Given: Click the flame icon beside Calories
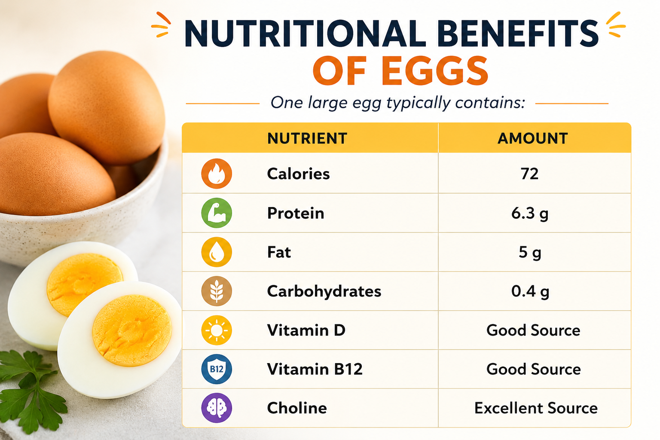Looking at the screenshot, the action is (217, 174).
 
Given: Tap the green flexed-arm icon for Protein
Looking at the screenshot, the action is (217, 213).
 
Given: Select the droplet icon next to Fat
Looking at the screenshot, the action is (217, 252).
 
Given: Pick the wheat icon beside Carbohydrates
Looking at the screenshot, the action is (217, 291).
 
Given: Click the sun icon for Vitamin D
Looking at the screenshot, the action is (217, 330).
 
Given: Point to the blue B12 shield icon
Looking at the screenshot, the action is (217, 369).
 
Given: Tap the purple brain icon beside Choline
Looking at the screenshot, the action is (217, 408).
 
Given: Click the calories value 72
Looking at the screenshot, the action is (529, 174).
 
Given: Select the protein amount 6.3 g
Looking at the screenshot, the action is (530, 213).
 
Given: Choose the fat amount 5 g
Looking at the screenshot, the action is (530, 252).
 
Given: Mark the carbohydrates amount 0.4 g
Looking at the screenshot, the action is (530, 291).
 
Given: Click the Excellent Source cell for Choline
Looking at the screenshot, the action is (536, 408).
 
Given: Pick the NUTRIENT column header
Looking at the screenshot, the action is (307, 138).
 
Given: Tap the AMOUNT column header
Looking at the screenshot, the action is (533, 138).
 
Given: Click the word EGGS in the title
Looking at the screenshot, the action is (437, 71).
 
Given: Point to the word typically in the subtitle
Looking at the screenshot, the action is (419, 103).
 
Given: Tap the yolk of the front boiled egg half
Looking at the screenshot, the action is (132, 330).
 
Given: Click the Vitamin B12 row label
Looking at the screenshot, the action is (315, 369).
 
